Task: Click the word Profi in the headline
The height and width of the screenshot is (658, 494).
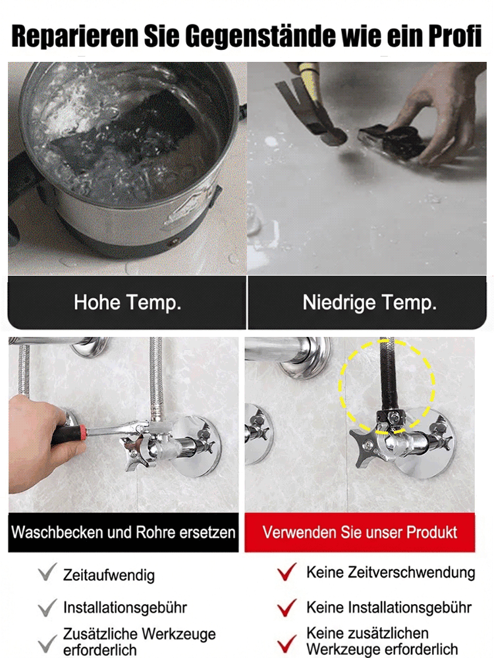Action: click(x=451, y=37)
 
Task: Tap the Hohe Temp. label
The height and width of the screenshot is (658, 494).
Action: click(x=127, y=303)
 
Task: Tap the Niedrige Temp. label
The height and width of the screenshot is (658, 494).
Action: click(x=370, y=303)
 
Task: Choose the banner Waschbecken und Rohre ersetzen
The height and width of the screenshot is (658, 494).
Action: click(x=124, y=532)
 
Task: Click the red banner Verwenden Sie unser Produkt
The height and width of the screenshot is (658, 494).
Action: click(x=360, y=532)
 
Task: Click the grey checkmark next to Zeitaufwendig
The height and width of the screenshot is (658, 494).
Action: click(x=47, y=573)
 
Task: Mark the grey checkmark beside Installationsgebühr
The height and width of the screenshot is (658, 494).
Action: click(x=47, y=607)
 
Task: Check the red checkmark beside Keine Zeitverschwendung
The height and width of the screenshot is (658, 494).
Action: click(x=287, y=572)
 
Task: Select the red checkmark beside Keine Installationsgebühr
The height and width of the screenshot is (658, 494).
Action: click(x=287, y=607)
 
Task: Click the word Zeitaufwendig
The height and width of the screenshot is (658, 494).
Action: click(x=109, y=574)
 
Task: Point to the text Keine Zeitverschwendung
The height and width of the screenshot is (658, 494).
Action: click(x=391, y=572)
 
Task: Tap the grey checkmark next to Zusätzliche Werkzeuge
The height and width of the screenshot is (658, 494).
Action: click(x=47, y=642)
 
